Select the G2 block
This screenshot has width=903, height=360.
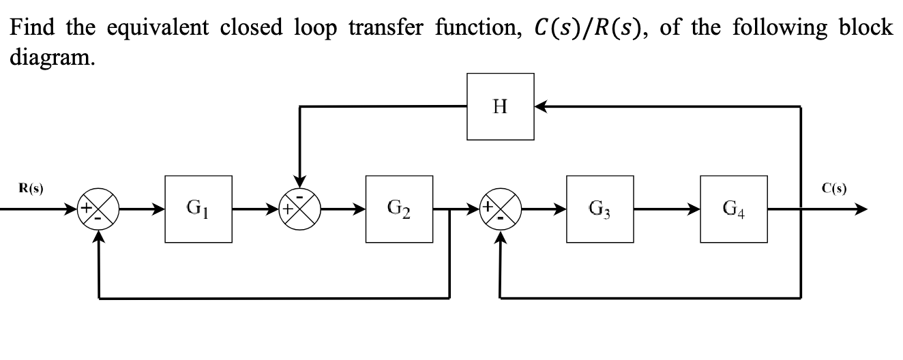coord(399,209)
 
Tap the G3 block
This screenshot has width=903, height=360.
coord(599,209)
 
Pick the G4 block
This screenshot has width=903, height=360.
coord(733,209)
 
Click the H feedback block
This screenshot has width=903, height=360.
coord(500,106)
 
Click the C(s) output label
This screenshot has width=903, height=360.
coord(834,189)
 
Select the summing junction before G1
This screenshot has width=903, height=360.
coord(100,209)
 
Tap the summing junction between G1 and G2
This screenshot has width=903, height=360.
coord(301,209)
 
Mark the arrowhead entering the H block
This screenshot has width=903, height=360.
coord(540,106)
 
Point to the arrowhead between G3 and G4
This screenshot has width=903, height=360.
coord(694,209)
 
